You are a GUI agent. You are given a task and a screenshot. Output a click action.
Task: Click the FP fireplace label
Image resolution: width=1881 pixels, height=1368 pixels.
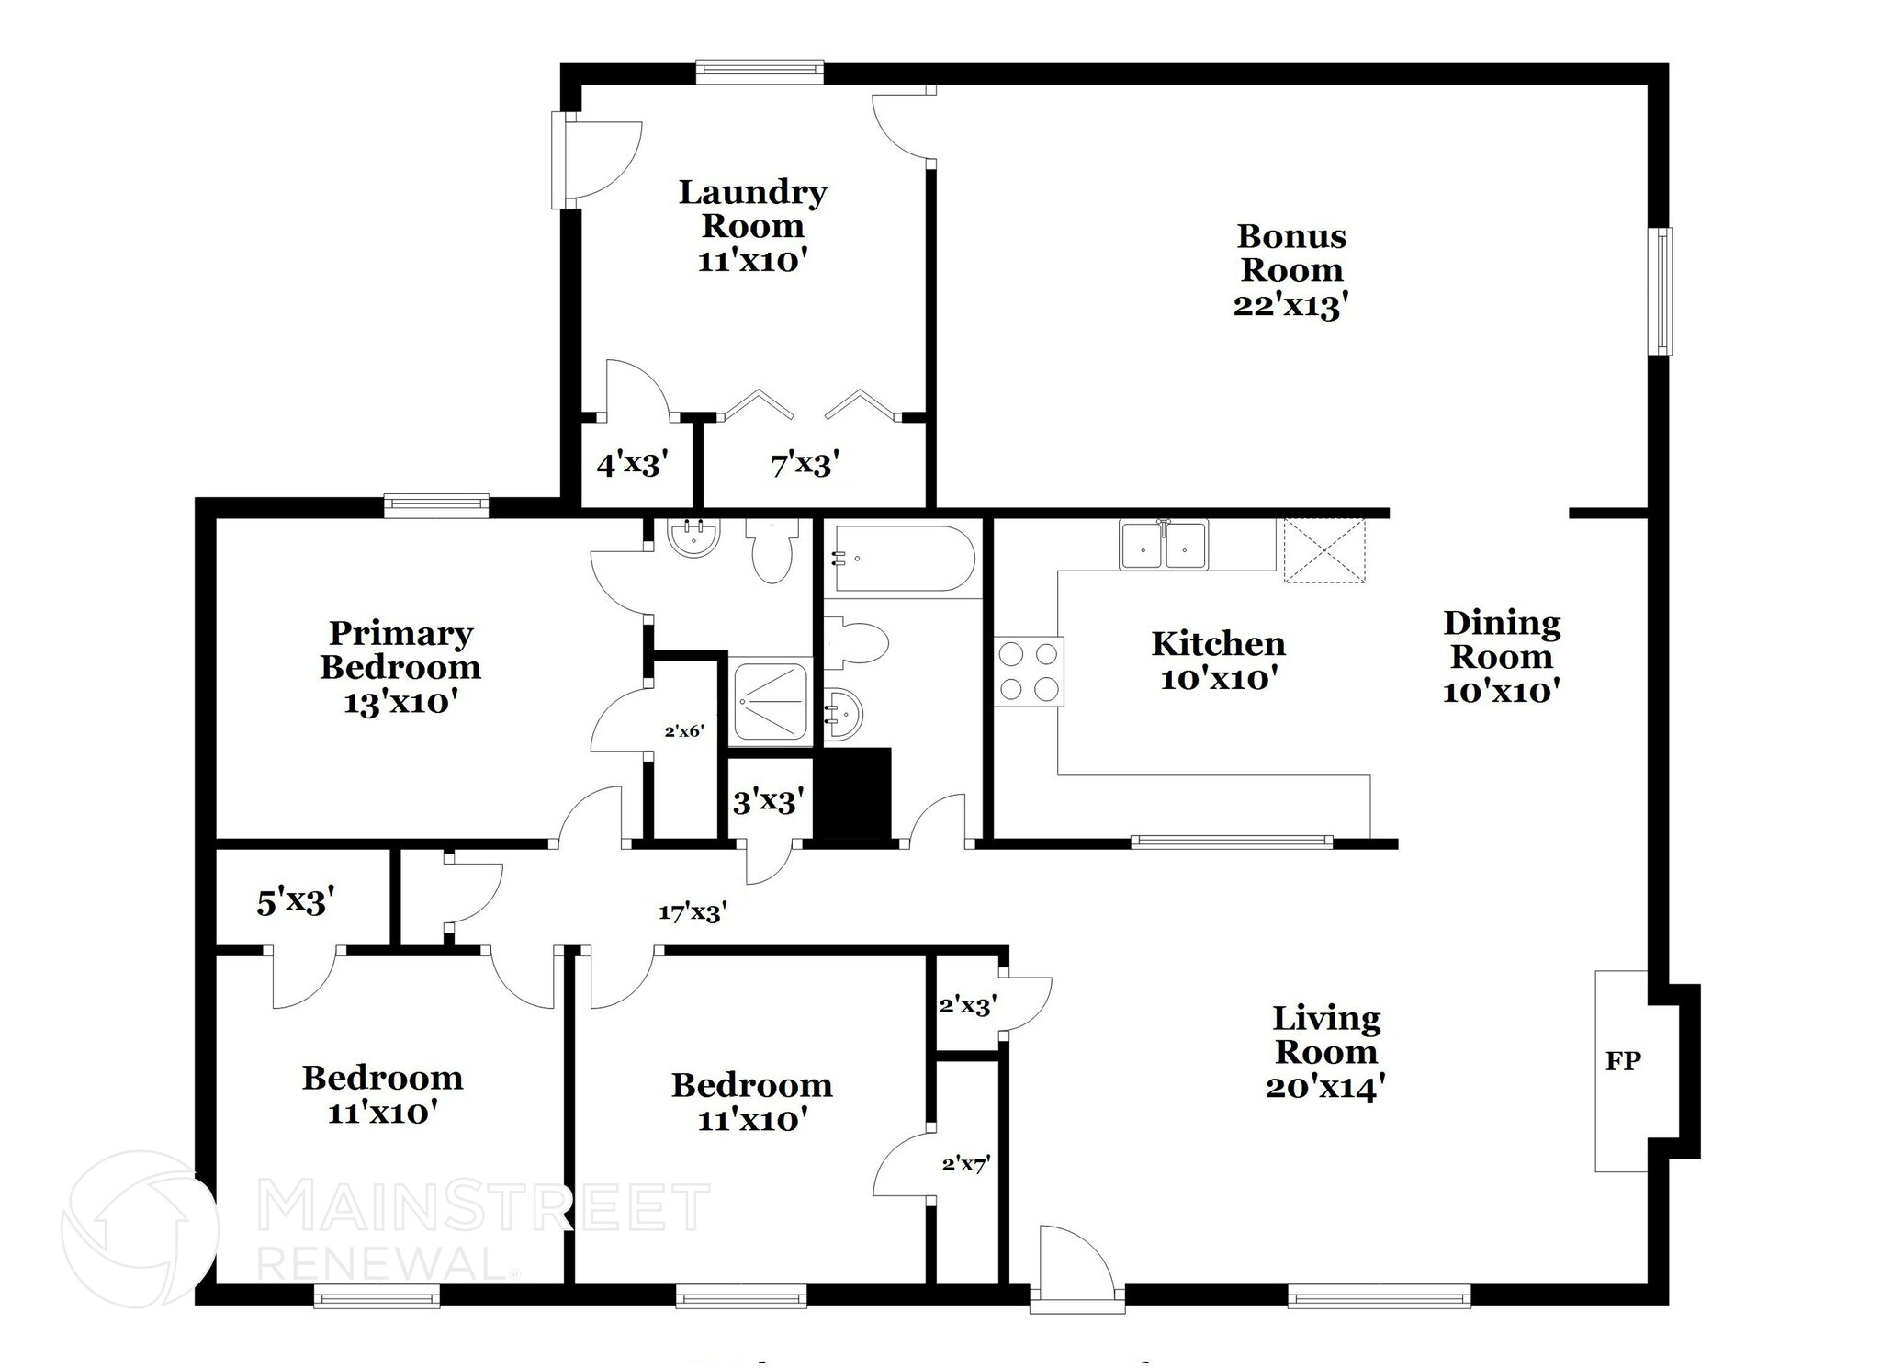(x=1623, y=1061)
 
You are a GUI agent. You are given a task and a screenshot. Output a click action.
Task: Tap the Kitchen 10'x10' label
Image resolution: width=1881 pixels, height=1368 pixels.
(x=1218, y=661)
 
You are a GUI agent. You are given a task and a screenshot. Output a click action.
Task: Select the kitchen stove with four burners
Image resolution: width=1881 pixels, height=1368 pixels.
(x=1029, y=671)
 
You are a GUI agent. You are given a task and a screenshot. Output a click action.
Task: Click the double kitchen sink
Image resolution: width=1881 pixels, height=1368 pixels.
(x=1163, y=545)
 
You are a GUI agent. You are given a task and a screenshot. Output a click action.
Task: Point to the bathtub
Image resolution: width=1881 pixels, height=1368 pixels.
(x=903, y=558)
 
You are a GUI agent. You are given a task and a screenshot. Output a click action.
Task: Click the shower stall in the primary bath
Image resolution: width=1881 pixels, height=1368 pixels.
(x=770, y=700)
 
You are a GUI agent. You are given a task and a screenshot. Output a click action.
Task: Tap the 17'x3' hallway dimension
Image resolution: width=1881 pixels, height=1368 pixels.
(x=693, y=912)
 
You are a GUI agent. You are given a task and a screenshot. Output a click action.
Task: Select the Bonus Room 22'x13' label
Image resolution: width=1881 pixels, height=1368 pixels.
(x=1290, y=270)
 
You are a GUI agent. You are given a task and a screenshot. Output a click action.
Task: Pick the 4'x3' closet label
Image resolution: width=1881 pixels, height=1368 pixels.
(x=633, y=465)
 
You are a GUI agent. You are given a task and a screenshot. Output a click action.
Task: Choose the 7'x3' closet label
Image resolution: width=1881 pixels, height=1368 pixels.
(x=805, y=465)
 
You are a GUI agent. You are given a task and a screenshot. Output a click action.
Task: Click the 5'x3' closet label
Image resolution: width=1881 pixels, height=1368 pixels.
(x=295, y=902)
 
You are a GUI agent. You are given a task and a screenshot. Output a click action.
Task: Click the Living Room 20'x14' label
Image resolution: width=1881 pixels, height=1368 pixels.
(x=1325, y=1052)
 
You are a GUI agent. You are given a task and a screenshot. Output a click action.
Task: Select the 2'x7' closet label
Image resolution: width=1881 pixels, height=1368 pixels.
(x=965, y=1165)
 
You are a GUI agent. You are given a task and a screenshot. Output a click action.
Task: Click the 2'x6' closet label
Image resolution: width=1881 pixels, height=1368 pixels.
(x=684, y=731)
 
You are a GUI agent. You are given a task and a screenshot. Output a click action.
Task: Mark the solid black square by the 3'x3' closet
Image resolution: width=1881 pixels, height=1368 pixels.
(x=853, y=793)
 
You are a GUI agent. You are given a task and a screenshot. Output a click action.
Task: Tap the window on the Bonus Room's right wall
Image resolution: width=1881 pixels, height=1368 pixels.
(x=1660, y=291)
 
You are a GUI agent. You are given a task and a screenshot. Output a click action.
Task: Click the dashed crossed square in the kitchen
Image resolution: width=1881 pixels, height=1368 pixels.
(x=1323, y=550)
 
